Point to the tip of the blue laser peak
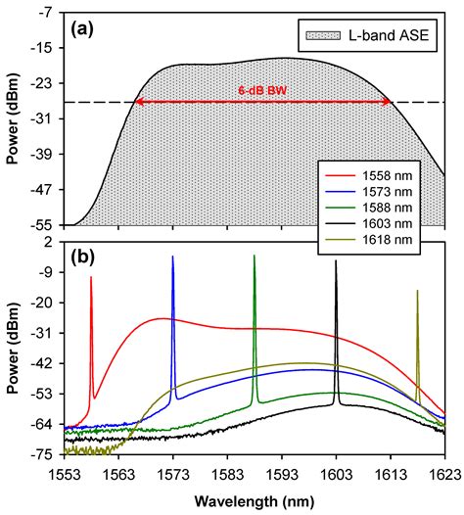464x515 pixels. click(173, 257)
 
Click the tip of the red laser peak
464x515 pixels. click(91, 277)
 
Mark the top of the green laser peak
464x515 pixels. click(255, 256)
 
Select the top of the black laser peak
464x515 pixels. click(336, 260)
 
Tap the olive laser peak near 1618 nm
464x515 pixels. click(417, 291)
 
